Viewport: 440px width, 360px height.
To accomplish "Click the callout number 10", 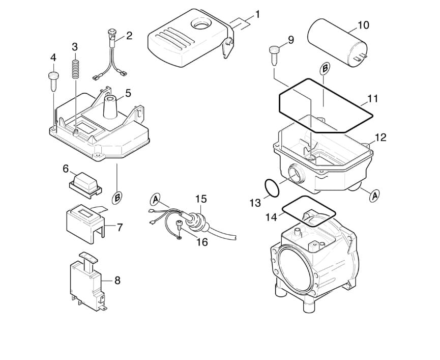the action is (363, 25).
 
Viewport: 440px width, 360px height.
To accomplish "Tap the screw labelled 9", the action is (274, 55).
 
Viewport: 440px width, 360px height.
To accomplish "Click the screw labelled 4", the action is (53, 81).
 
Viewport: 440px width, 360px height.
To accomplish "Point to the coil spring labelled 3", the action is (75, 69).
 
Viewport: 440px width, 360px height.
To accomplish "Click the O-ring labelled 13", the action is (272, 187).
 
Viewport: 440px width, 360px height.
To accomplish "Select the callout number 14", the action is (272, 217).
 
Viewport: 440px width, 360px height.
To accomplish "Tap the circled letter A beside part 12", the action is (374, 196).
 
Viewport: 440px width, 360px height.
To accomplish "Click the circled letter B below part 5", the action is (116, 198).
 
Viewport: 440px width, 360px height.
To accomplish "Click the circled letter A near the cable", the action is (155, 200).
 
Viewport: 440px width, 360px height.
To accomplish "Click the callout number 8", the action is (118, 280).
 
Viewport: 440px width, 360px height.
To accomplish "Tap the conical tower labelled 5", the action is (110, 107).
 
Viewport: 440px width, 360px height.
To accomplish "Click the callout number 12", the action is (381, 137).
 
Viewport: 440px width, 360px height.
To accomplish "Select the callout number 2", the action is (129, 36).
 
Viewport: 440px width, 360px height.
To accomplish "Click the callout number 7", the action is (120, 228).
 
